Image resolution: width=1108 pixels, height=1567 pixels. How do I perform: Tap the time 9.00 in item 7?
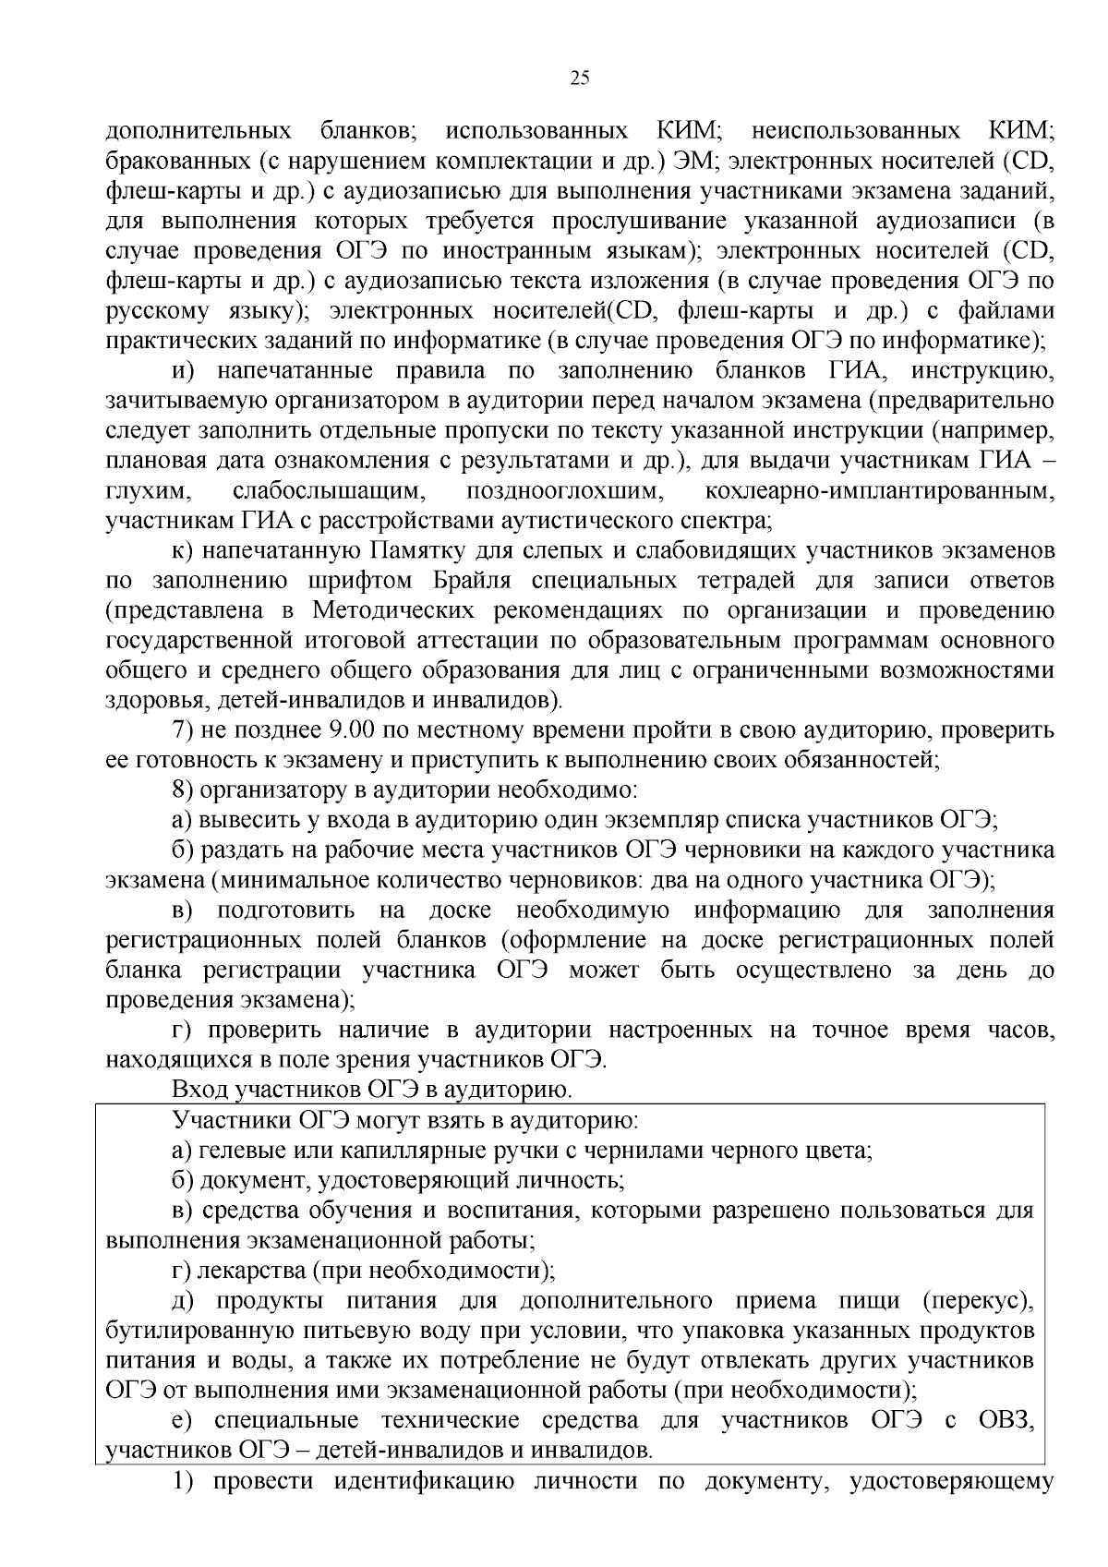(350, 730)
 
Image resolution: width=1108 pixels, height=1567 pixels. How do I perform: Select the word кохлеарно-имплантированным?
(878, 490)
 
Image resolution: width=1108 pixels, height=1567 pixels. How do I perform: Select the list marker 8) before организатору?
(183, 790)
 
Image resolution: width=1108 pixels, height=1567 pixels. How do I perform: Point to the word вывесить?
(243, 819)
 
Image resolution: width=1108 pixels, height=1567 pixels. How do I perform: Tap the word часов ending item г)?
(1021, 1031)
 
